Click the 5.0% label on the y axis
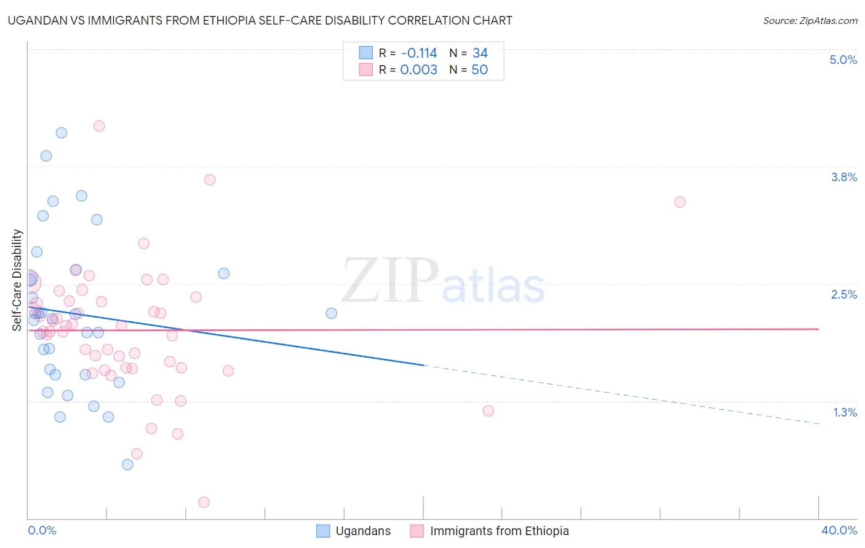tap(843, 60)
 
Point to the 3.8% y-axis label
tap(843, 177)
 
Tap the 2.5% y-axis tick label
tap(843, 294)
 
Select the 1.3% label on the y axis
tap(845, 412)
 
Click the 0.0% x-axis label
tap(42, 530)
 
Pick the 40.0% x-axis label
tap(839, 530)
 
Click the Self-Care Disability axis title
tap(17, 280)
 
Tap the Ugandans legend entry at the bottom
tap(363, 531)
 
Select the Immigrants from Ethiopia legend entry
tap(499, 531)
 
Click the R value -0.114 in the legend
tap(418, 53)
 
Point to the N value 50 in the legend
tap(479, 69)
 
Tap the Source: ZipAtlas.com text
tap(810, 20)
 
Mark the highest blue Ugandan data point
tap(62, 133)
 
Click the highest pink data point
tap(99, 126)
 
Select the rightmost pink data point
tap(679, 202)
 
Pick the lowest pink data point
tap(204, 502)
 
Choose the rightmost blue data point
tap(331, 313)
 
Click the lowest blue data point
tap(127, 464)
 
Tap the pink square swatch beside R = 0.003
tap(366, 69)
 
